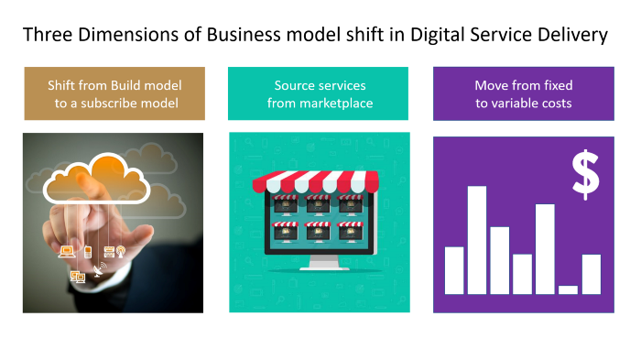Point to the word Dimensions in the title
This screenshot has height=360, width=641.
pos(120,36)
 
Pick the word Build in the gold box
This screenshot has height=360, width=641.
pos(130,85)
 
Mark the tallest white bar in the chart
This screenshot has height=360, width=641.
pos(477,239)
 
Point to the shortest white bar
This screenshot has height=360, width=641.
pos(568,289)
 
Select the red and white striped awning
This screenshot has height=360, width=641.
pos(320,181)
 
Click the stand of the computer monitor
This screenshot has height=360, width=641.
pos(320,263)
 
